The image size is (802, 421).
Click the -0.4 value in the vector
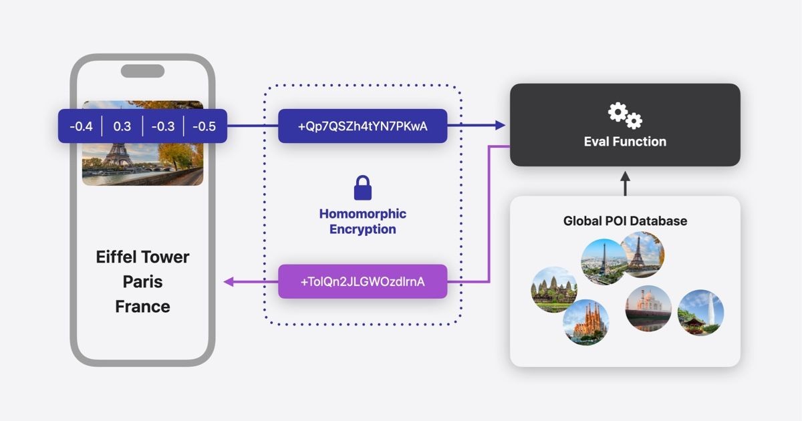(x=80, y=126)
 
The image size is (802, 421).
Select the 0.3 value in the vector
(x=122, y=126)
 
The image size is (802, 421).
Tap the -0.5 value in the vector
(x=204, y=126)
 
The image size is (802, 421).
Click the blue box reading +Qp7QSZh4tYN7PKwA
(x=362, y=126)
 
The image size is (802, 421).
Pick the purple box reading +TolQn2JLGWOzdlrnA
(x=362, y=281)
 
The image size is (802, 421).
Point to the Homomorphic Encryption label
(x=362, y=221)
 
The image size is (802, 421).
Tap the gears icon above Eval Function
(x=625, y=115)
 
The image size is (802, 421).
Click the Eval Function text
(x=625, y=141)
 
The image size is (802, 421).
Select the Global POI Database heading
(x=625, y=221)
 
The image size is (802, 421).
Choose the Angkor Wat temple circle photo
(x=554, y=289)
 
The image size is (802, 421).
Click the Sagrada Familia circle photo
(x=586, y=322)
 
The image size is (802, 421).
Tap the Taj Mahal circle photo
(x=648, y=308)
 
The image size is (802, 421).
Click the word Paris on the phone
(x=142, y=281)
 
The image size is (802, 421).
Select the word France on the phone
(x=142, y=307)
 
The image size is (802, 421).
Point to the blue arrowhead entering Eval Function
(x=499, y=125)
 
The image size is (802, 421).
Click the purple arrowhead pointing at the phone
(x=228, y=282)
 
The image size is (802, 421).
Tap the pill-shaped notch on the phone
(x=142, y=71)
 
